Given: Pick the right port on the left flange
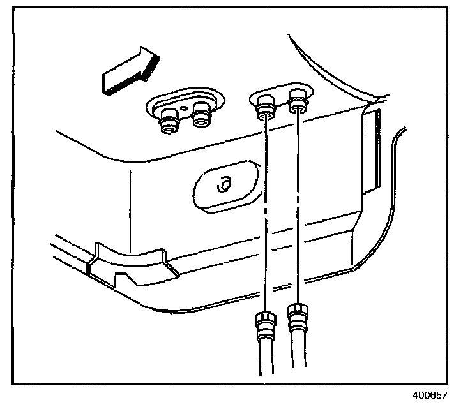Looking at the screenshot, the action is pyautogui.click(x=202, y=118).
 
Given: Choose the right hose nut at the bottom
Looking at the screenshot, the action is pyautogui.click(x=296, y=318).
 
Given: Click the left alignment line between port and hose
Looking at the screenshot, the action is pyautogui.click(x=264, y=211).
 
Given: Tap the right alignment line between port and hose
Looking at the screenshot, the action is pyautogui.click(x=298, y=211).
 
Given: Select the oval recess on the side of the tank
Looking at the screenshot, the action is pyautogui.click(x=224, y=187).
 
